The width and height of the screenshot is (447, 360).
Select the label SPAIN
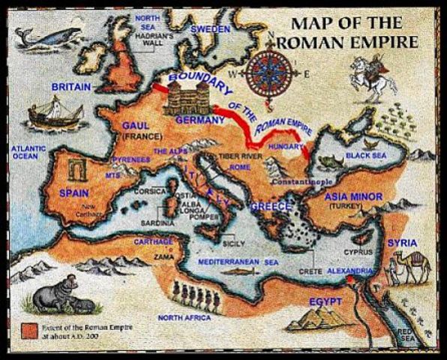tap(74, 193)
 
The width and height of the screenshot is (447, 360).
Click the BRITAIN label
tap(71, 87)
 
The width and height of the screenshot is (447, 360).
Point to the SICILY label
tap(234, 244)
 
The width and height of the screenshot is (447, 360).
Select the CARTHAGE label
tap(153, 241)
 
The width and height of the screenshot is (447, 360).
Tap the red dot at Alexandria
tap(350, 280)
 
